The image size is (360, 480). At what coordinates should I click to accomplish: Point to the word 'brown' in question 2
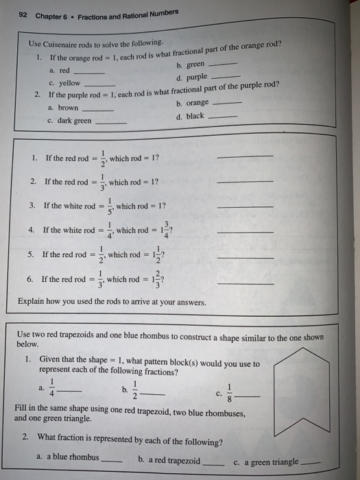(x=69, y=108)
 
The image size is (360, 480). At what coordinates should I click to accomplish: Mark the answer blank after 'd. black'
(x=223, y=117)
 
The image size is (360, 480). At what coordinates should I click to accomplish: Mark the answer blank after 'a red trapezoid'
(x=215, y=462)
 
